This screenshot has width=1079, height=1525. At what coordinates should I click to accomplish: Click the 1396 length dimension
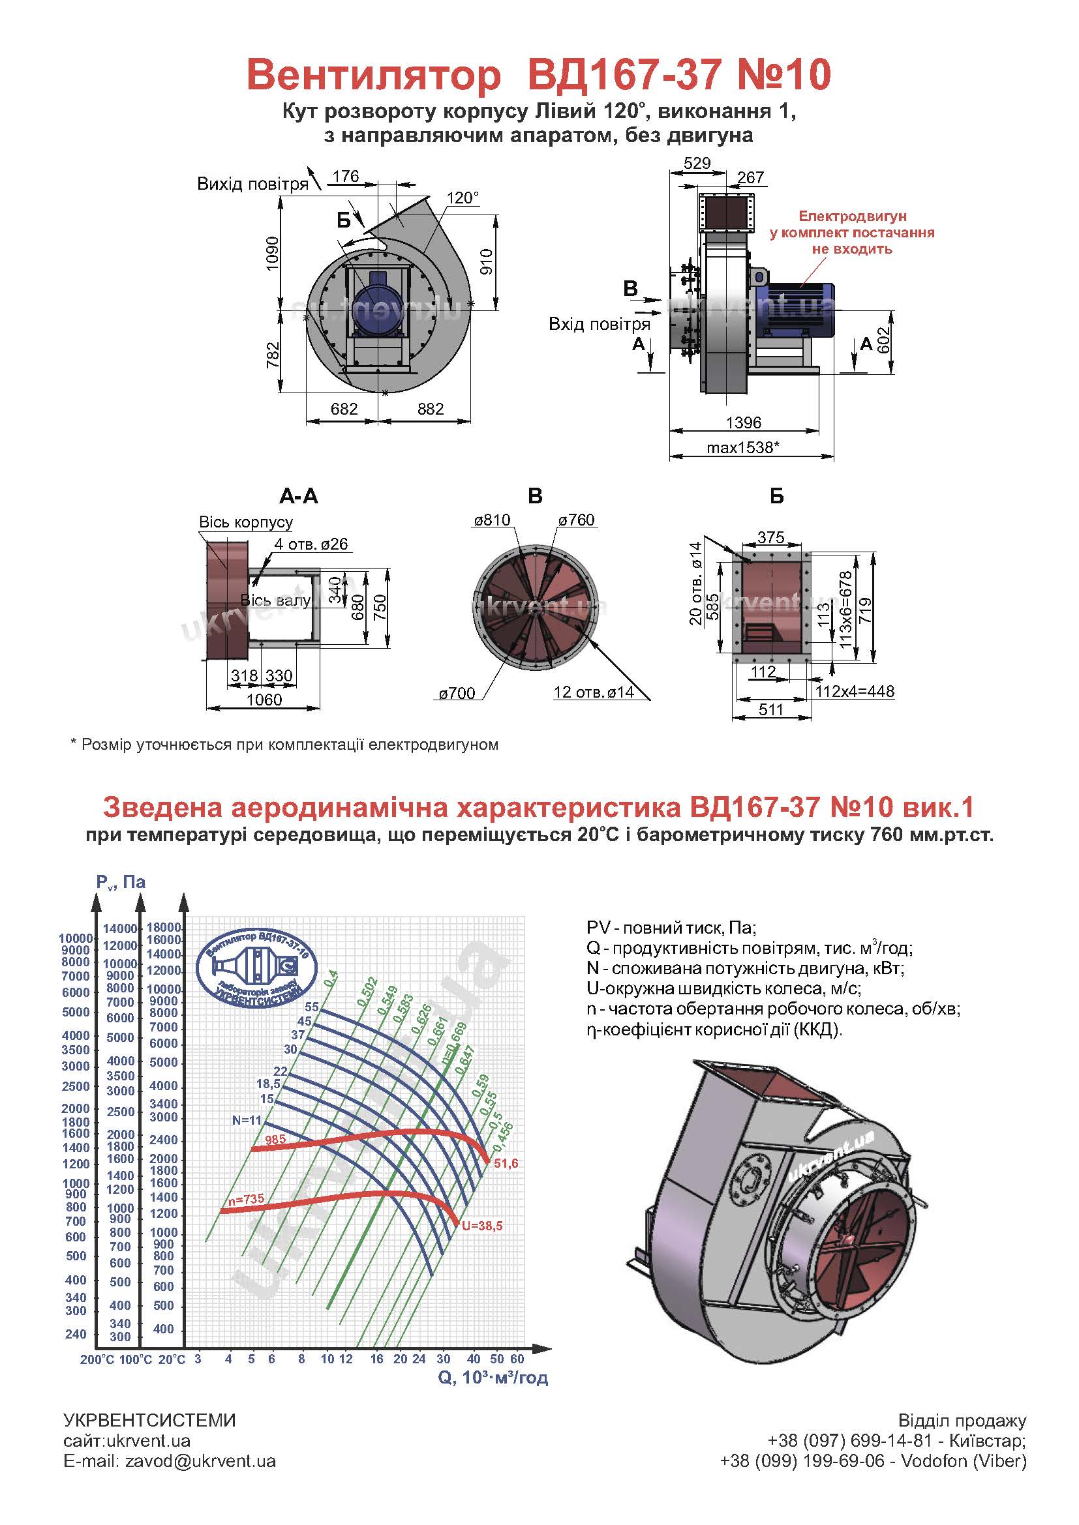744,422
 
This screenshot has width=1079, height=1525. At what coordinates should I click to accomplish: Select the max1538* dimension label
742,447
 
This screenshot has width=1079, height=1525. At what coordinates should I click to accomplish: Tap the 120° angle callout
463,198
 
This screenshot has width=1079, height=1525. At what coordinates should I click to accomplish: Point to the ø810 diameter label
493,520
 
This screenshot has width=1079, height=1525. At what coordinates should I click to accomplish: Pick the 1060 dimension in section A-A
264,700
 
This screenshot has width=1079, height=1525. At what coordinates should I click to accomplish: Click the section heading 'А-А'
299,496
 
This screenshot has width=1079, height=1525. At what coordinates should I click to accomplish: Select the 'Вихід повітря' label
252,184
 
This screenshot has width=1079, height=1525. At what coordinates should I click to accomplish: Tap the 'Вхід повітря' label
600,324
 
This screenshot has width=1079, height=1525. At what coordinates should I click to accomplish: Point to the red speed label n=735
246,1199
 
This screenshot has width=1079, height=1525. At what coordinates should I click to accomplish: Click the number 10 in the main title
808,74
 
